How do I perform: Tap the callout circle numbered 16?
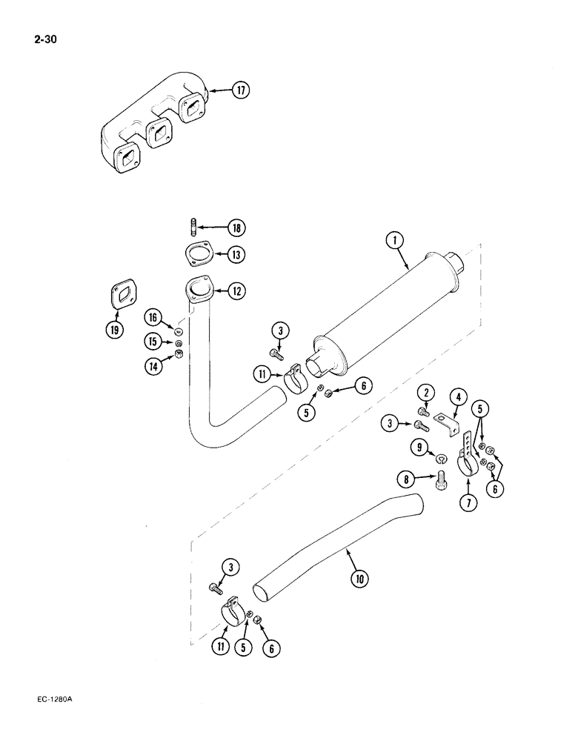(x=154, y=317)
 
